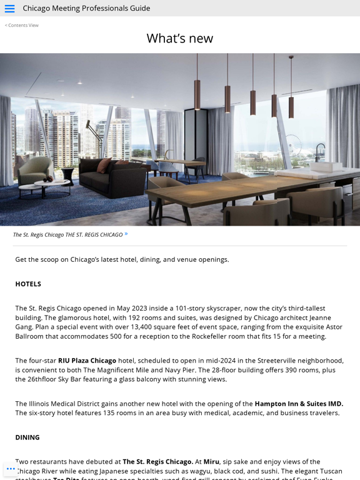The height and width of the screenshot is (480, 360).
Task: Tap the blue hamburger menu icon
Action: click(9, 8)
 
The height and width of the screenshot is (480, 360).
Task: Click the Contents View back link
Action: click(22, 25)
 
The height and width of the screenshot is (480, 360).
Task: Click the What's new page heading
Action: click(179, 38)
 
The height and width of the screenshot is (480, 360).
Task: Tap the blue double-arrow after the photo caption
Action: click(126, 234)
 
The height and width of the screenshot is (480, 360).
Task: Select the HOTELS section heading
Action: click(28, 284)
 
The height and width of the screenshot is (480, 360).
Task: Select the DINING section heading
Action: click(27, 437)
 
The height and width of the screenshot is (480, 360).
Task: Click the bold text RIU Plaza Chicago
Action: click(87, 360)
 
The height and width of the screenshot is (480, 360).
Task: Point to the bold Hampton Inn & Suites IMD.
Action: click(299, 403)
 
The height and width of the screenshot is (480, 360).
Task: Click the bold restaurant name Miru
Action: click(211, 461)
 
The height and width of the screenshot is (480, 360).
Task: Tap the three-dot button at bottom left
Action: click(11, 468)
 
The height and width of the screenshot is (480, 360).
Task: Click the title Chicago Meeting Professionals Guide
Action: click(86, 8)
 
